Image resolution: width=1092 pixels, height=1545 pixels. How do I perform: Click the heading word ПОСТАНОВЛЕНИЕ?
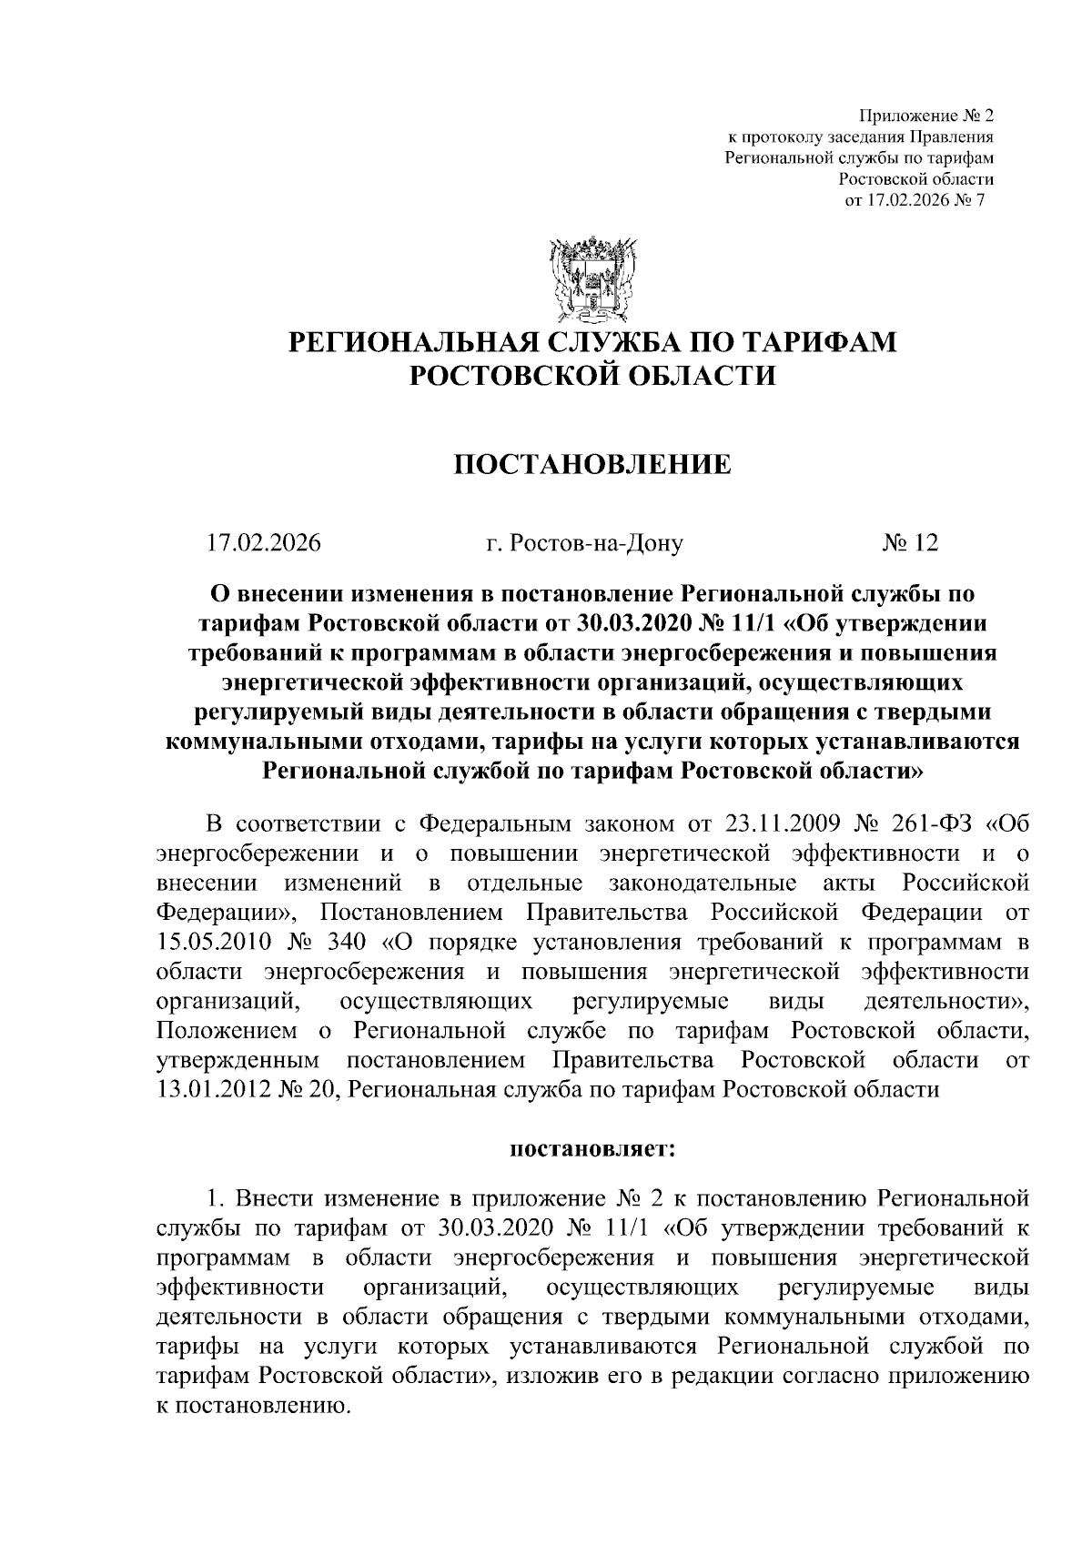pyautogui.click(x=591, y=465)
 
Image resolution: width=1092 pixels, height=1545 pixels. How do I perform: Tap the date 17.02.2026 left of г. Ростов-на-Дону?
pyautogui.click(x=264, y=543)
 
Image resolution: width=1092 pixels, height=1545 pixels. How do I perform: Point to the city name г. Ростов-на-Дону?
pyautogui.click(x=584, y=543)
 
